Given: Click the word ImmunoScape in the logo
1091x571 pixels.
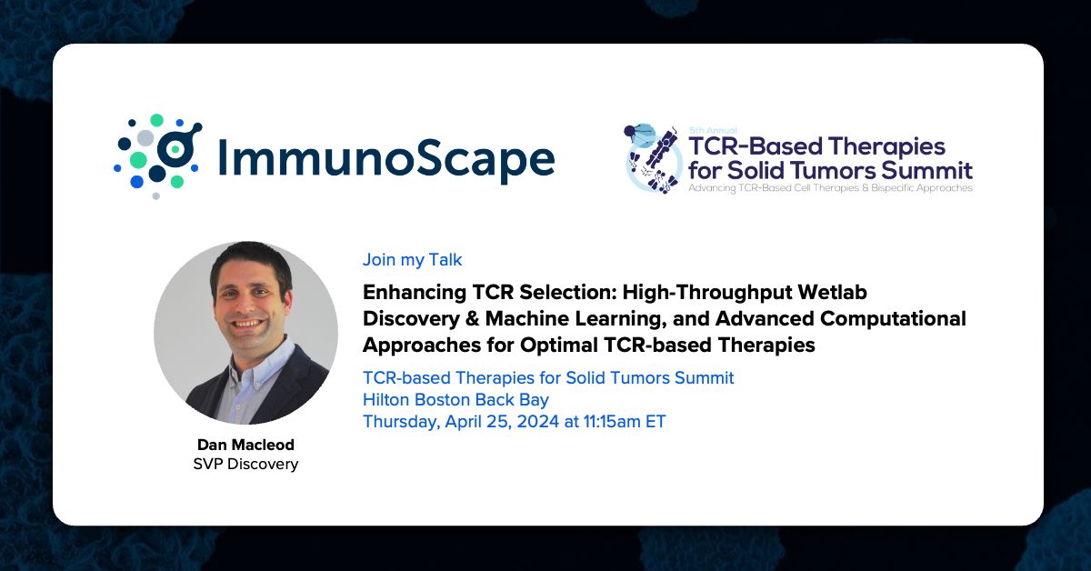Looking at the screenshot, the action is (385, 157).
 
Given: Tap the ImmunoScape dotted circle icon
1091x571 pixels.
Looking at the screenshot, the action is (158, 156).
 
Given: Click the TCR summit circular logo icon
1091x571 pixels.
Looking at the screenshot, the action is (653, 159).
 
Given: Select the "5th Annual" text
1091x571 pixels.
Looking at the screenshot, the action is (713, 130).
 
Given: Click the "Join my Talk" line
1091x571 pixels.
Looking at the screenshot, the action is (412, 260).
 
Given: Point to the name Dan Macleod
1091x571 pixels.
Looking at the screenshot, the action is (245, 445).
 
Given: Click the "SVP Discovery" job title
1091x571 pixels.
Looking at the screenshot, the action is (245, 464).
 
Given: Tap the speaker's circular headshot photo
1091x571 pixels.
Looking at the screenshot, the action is (246, 333).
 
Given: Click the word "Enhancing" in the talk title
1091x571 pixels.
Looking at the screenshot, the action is (414, 293).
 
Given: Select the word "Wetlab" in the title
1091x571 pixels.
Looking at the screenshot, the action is (833, 292).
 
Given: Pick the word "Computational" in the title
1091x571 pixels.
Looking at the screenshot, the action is (893, 319).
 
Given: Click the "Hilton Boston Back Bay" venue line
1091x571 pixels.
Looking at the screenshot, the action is (455, 399).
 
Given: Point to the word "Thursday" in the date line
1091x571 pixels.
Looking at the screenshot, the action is (401, 422).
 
